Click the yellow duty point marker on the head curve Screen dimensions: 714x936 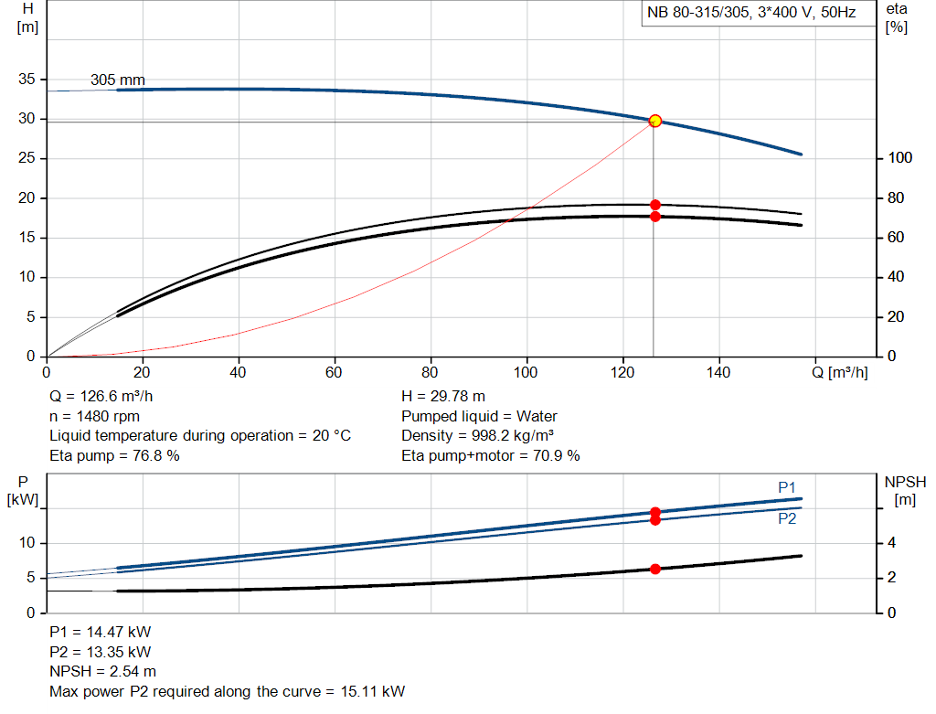pos(654,121)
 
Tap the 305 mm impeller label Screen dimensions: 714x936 pos(117,80)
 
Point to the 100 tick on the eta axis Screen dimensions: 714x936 pos(899,159)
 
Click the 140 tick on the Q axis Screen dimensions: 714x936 pos(719,372)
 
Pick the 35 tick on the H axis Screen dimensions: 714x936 pos(27,80)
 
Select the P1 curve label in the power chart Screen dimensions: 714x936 pos(787,488)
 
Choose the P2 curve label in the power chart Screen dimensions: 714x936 pos(787,518)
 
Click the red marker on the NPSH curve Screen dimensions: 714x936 pos(654,569)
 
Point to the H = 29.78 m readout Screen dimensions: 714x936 pos(443,397)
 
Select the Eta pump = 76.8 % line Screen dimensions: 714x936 pos(114,455)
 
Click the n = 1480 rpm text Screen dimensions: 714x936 pos(94,416)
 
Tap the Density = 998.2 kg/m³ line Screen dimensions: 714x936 pos(478,435)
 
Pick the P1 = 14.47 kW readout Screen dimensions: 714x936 pos(100,633)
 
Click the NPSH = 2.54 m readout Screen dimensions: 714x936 pos(102,672)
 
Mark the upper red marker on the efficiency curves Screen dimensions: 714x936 pos(654,205)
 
